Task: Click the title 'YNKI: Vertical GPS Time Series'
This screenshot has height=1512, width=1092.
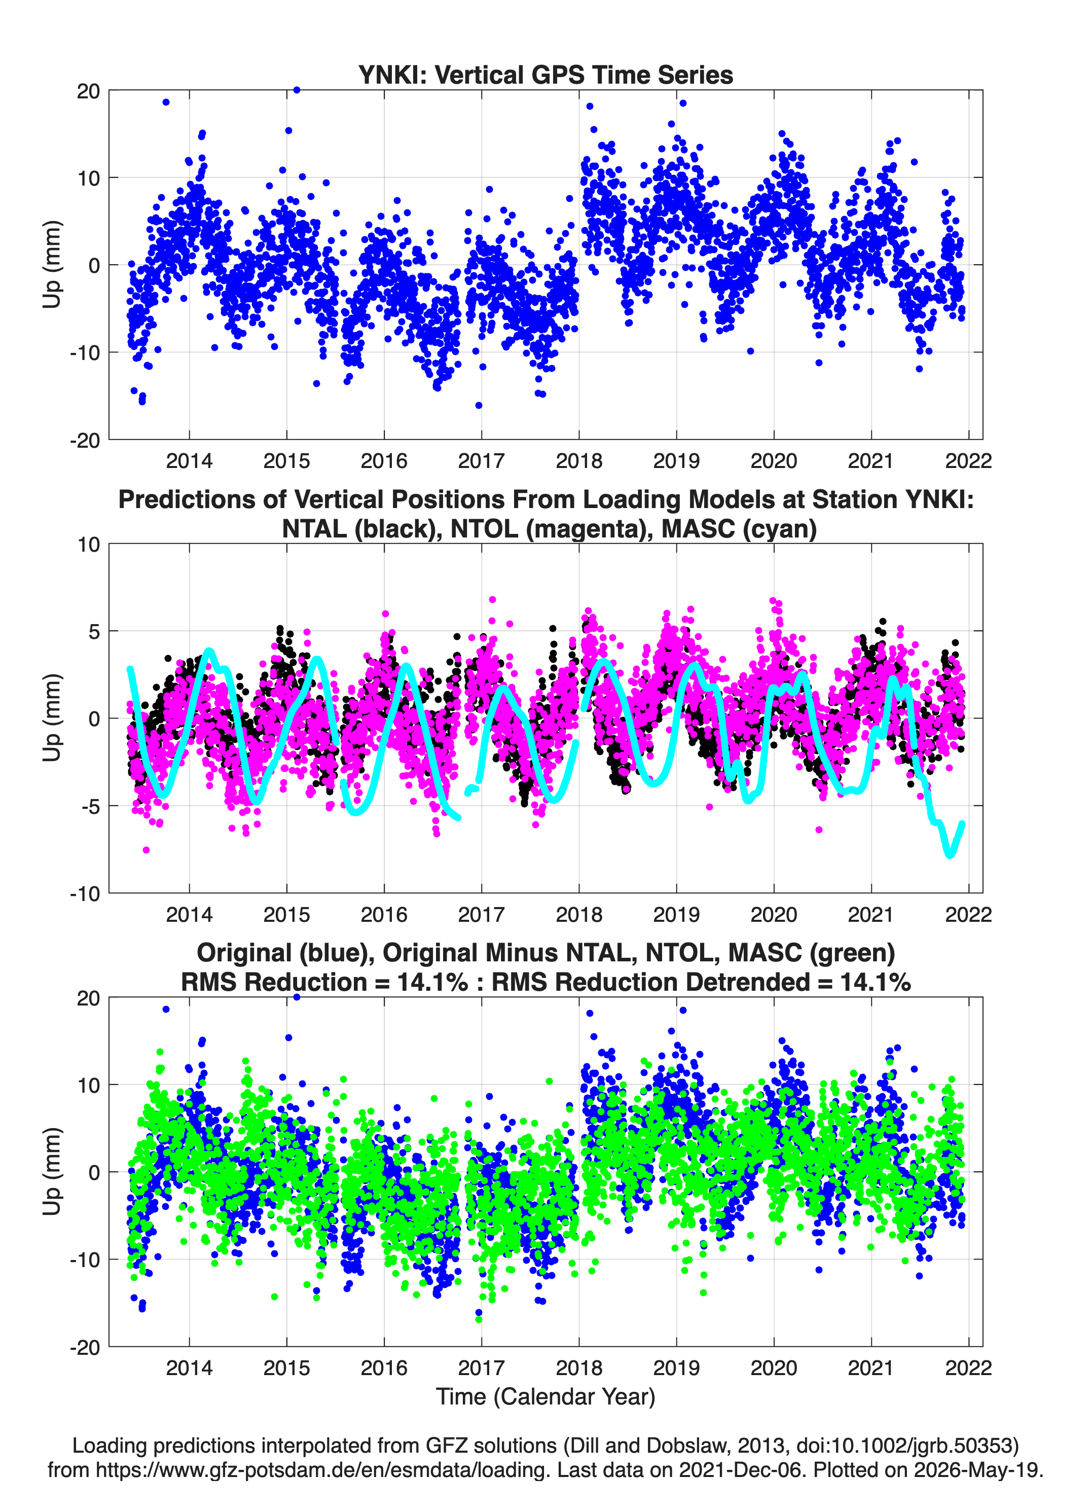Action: [x=545, y=75]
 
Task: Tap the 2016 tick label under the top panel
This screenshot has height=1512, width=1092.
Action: [x=384, y=461]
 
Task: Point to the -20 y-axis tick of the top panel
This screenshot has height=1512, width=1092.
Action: [x=85, y=440]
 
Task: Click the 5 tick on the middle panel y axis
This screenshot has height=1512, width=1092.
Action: [x=94, y=631]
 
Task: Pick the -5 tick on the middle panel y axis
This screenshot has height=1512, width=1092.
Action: [x=89, y=806]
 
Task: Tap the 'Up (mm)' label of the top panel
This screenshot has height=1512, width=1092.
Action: [x=52, y=265]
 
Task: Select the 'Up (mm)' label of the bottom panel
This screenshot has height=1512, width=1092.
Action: [x=52, y=1171]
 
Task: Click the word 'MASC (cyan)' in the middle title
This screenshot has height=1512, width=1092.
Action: [x=739, y=529]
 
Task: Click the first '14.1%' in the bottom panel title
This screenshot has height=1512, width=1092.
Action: [x=432, y=982]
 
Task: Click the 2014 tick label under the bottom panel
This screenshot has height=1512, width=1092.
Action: [x=189, y=1368]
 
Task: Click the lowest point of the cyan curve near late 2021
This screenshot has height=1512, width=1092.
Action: [x=950, y=855]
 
